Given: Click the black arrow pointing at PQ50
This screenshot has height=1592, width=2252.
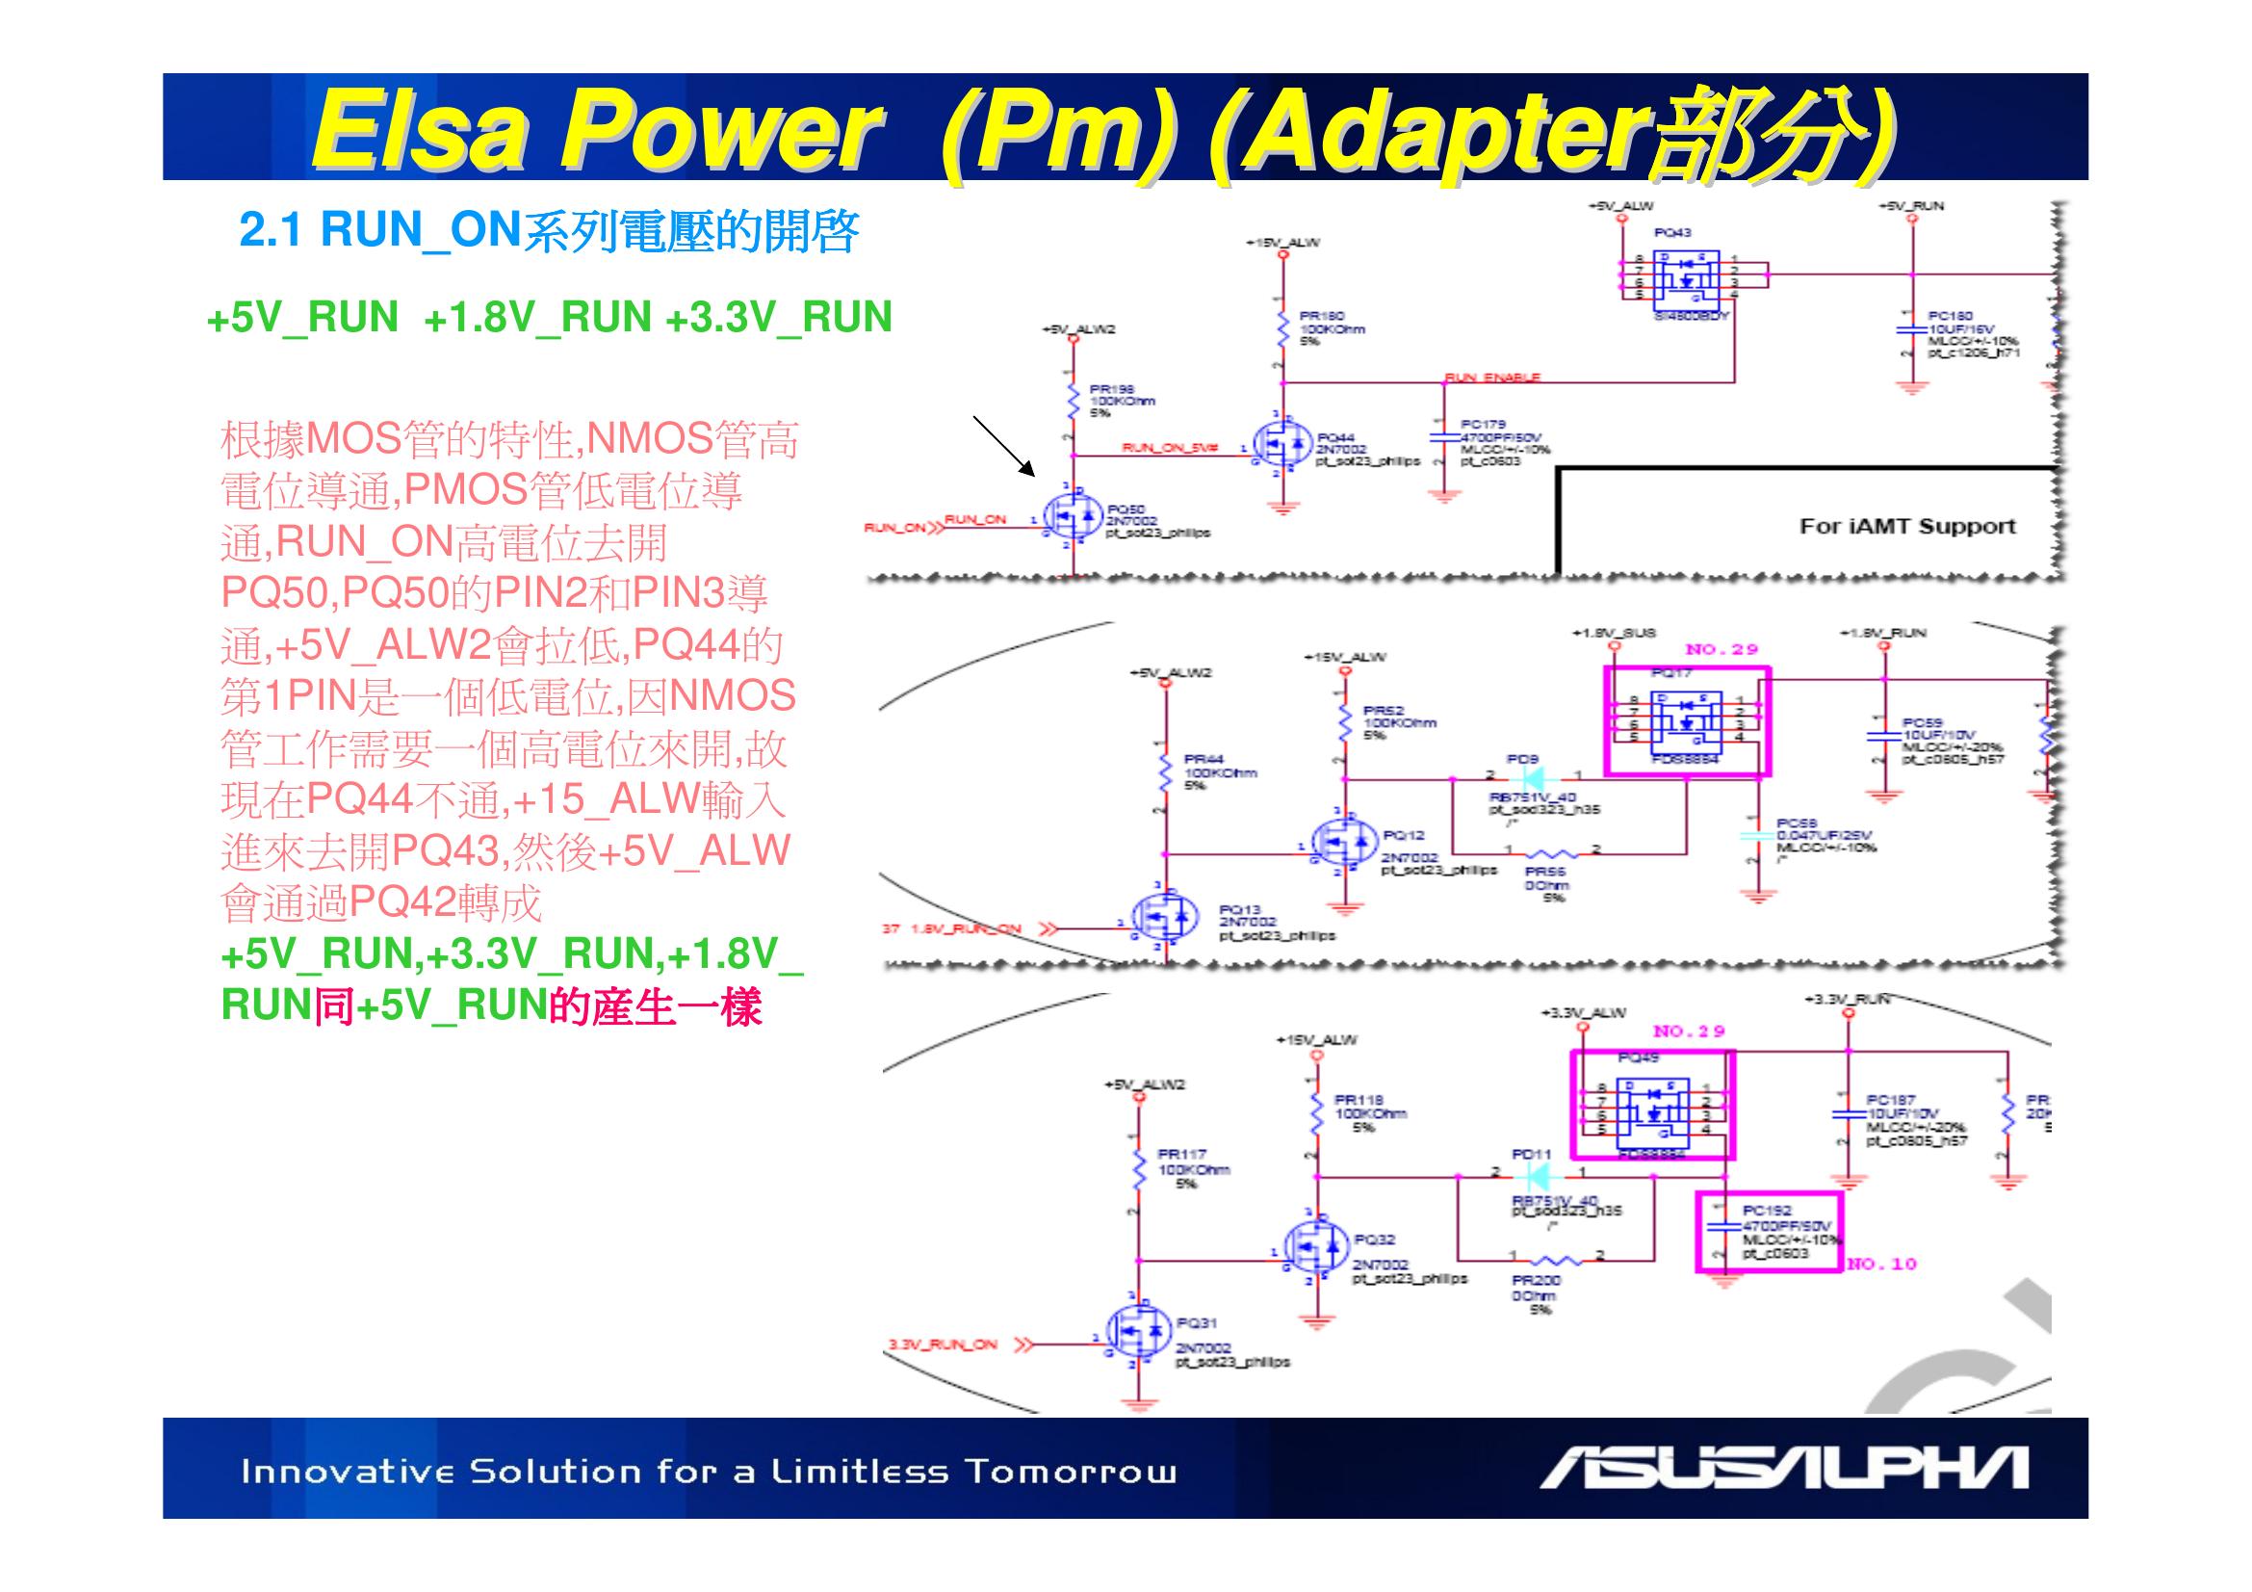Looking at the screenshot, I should tap(1003, 446).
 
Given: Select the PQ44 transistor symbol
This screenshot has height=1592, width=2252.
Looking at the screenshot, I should tap(1281, 446).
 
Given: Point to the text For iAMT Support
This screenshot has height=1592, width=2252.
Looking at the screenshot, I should tap(1906, 527).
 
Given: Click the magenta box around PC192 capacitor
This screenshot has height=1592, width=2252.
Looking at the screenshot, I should tap(1770, 1232).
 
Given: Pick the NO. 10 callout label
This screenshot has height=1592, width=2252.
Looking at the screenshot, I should tap(1881, 1265).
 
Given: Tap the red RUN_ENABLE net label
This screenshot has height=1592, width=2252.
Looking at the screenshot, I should tap(1491, 378).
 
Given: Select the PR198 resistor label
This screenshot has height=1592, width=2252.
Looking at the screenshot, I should tap(1111, 389).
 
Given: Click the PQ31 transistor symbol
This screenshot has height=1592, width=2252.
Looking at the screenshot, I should tap(1139, 1331).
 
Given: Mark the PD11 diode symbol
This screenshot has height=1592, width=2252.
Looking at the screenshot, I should tap(1536, 1177).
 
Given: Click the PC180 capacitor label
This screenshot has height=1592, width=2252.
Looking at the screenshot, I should tap(1950, 316).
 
